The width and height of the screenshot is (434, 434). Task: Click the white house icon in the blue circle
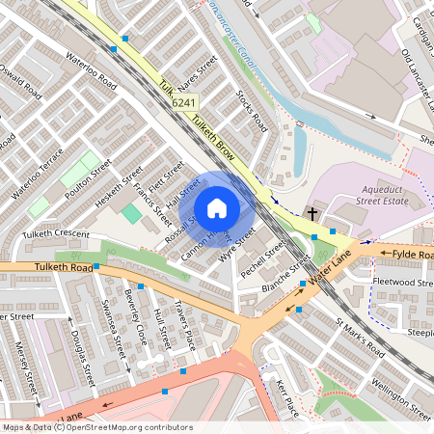pyautogui.click(x=217, y=208)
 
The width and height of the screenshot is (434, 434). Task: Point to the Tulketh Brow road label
pyautogui.click(x=214, y=136)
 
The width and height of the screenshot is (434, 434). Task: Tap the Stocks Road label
pyautogui.click(x=252, y=111)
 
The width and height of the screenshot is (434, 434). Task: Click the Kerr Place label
pyautogui.click(x=288, y=397)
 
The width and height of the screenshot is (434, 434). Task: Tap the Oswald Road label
pyautogui.click(x=21, y=83)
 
